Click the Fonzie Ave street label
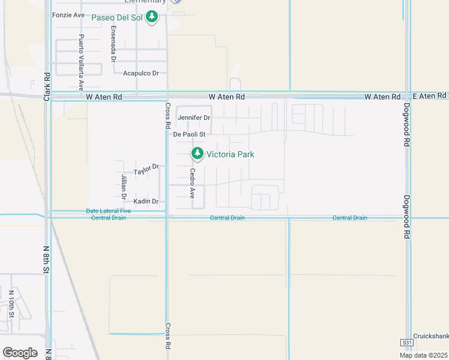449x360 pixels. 68,15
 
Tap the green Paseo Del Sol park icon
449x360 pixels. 152,17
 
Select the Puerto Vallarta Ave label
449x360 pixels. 81,53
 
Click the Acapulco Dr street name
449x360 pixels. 140,73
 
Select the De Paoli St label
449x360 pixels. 189,134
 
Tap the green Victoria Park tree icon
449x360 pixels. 197,154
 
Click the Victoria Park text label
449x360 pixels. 230,154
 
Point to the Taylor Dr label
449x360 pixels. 146,170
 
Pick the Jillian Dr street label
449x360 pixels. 124,186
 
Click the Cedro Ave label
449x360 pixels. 193,183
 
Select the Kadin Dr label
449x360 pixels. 146,201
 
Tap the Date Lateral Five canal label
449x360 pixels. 108,211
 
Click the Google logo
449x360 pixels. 20,353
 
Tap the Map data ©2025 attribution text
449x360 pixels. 423,355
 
